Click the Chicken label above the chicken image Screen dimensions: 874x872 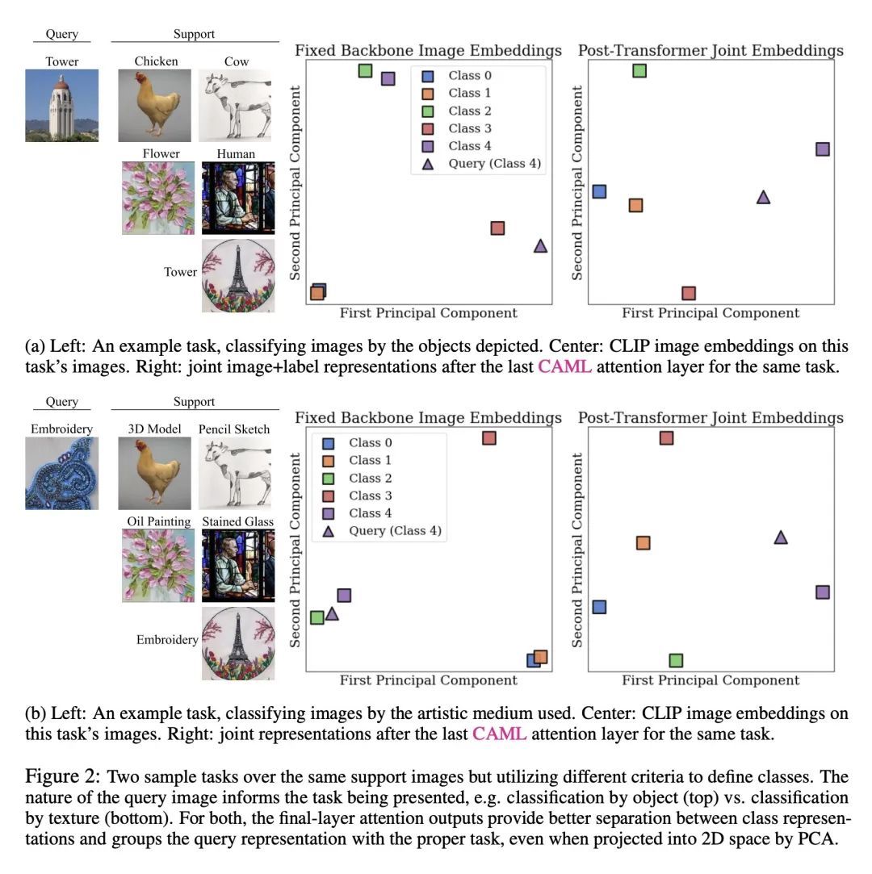point(157,61)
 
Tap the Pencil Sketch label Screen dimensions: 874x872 point(234,429)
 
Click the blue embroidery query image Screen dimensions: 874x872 point(62,473)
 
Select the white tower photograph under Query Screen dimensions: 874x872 point(62,105)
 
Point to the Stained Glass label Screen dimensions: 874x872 point(237,521)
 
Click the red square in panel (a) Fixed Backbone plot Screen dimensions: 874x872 point(497,228)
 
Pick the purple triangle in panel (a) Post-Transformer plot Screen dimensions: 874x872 point(763,196)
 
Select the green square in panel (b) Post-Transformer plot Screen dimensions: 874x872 point(676,660)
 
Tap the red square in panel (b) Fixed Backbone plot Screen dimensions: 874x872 point(488,438)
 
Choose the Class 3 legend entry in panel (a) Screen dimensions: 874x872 point(469,128)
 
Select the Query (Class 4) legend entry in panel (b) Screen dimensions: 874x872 point(395,531)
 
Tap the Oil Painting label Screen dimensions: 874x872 point(159,521)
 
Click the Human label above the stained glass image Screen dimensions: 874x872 point(236,153)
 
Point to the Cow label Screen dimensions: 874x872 point(237,61)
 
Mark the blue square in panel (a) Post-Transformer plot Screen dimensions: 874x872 point(598,191)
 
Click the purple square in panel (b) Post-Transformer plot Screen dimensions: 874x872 point(822,592)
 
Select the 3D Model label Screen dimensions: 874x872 point(154,429)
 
